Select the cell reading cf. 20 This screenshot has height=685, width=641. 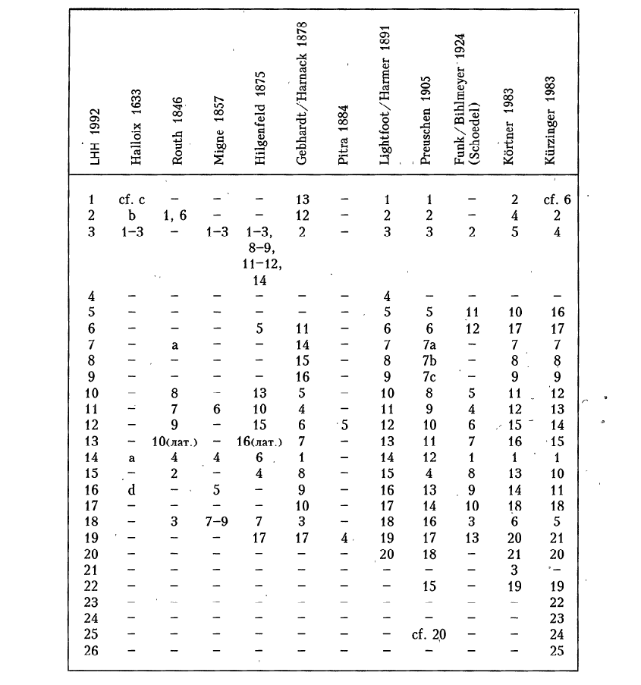click(428, 635)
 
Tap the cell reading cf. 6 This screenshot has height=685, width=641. click(556, 200)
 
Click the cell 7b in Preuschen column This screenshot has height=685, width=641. click(429, 360)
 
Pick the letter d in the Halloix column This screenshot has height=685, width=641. click(134, 489)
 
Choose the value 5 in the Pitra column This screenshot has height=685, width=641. click(344, 425)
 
